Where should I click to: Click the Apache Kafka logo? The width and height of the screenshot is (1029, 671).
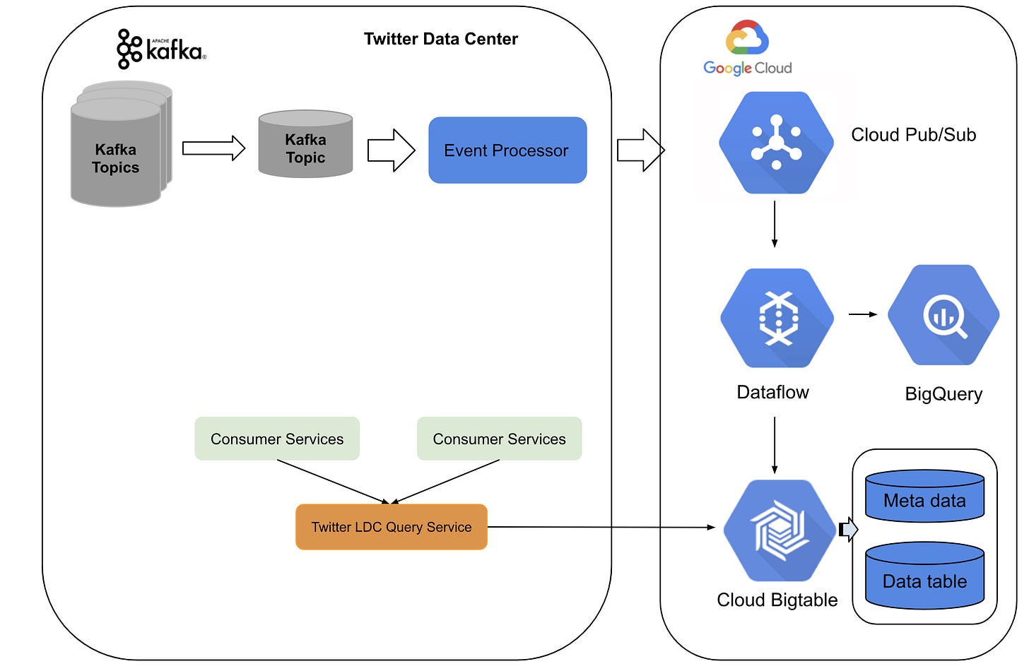(x=161, y=49)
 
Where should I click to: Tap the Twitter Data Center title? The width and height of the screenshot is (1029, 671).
(x=440, y=39)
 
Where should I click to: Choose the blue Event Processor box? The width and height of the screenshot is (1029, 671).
(x=507, y=150)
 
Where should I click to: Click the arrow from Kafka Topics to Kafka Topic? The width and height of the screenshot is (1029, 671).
(x=213, y=148)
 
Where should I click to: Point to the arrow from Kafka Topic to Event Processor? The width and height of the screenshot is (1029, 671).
(x=391, y=150)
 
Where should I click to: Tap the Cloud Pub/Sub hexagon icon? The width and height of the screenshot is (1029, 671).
(x=776, y=143)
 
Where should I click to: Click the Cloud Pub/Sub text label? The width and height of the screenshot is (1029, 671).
(x=913, y=135)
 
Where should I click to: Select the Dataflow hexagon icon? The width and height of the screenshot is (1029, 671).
(x=777, y=318)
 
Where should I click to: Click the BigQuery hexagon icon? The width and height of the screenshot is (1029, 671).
(x=943, y=315)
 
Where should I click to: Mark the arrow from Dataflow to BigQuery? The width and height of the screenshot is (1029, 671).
(x=862, y=314)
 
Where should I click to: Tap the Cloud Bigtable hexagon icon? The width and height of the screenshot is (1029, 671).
(x=779, y=530)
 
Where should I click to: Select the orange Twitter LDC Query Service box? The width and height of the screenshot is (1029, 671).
(x=391, y=527)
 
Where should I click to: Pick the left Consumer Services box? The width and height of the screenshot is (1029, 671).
(x=277, y=439)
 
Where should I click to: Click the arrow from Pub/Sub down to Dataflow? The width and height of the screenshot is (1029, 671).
(x=775, y=224)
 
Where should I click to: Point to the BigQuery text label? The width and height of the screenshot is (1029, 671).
(x=943, y=394)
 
